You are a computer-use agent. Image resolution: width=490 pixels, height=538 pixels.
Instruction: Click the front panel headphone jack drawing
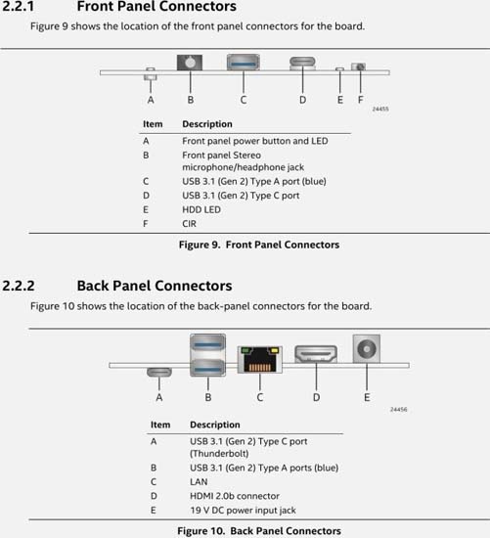click(190, 63)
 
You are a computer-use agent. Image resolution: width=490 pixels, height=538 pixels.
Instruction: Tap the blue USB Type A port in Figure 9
click(243, 63)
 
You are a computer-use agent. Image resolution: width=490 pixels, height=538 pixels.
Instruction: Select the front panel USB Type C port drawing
click(302, 64)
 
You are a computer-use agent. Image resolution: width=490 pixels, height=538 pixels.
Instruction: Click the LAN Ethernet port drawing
click(260, 360)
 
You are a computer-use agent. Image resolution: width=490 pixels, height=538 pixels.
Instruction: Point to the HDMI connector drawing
click(316, 354)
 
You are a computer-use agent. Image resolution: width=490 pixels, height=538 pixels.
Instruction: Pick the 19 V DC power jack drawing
click(367, 348)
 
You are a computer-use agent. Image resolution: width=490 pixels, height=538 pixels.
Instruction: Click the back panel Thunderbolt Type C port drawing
click(159, 372)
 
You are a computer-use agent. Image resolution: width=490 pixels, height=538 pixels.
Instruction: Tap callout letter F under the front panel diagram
click(360, 100)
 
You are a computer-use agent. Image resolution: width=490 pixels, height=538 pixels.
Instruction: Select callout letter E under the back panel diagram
click(367, 397)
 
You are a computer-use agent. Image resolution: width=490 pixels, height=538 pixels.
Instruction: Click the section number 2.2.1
click(19, 6)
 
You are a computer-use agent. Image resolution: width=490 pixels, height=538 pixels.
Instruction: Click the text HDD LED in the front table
click(201, 209)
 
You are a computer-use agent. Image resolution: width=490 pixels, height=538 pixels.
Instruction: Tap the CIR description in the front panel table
click(189, 224)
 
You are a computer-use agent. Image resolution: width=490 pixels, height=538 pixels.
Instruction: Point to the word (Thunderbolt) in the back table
click(219, 454)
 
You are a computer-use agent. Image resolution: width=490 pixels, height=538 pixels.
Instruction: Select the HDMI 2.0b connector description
click(235, 496)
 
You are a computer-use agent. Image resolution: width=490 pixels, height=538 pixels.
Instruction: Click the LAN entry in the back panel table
click(199, 481)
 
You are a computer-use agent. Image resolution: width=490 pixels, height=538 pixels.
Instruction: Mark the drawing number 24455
click(380, 109)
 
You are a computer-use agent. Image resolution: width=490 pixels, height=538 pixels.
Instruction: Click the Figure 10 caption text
click(259, 531)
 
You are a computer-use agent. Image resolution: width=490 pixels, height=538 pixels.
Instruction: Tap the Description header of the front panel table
click(207, 124)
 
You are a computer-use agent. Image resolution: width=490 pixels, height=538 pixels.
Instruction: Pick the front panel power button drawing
click(151, 73)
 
